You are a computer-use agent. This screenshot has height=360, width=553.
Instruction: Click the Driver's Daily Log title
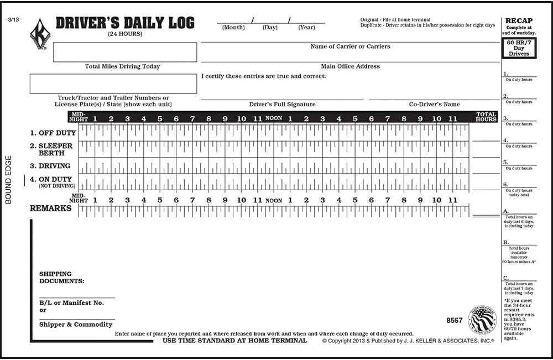[x=125, y=23]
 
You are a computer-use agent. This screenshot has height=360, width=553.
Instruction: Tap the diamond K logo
[x=40, y=34]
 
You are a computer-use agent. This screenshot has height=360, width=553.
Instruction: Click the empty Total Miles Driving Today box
[x=125, y=52]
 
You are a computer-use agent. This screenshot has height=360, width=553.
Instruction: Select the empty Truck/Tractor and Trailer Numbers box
[x=113, y=84]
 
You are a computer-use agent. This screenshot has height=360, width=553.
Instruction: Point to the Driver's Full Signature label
[x=282, y=104]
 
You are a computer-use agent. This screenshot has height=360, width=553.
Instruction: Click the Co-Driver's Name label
[x=434, y=104]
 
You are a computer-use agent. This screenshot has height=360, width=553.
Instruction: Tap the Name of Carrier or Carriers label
[x=350, y=46]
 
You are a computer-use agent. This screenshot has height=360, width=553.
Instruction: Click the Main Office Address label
[x=350, y=66]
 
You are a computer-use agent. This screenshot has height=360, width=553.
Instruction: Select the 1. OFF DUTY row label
[x=53, y=133]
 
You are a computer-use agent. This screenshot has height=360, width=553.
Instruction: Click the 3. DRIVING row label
[x=50, y=166]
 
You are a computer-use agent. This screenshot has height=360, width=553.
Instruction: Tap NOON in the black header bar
[x=274, y=118]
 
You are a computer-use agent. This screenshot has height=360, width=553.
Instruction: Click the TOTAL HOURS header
[x=486, y=117]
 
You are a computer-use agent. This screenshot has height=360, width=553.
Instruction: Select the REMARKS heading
[x=50, y=208]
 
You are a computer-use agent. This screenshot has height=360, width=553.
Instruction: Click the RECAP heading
[x=519, y=21]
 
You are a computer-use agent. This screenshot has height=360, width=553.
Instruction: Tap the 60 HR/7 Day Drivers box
[x=519, y=48]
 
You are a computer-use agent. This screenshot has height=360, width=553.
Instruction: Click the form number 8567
[x=454, y=320]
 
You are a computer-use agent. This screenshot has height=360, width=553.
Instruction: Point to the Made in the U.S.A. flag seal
[x=482, y=319]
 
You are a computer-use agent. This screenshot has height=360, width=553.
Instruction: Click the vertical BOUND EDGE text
[x=8, y=182]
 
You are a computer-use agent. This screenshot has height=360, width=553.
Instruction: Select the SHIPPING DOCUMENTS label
[x=61, y=278]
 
